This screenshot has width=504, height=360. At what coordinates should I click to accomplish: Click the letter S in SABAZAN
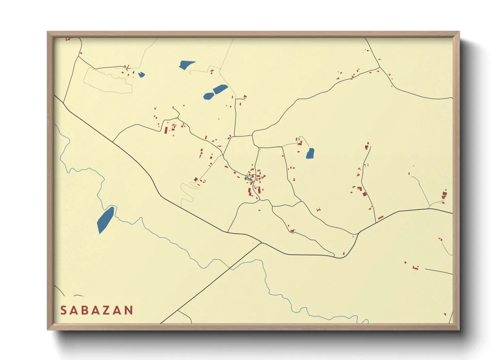pyautogui.click(x=63, y=310)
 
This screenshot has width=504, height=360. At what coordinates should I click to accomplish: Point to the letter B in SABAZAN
pyautogui.click(x=85, y=310)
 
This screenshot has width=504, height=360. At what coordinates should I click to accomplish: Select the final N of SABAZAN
pyautogui.click(x=128, y=310)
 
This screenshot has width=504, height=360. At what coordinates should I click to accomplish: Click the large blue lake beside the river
pyautogui.click(x=106, y=219)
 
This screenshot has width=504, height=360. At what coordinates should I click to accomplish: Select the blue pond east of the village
pyautogui.click(x=310, y=153)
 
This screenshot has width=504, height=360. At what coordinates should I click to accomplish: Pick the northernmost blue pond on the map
pyautogui.click(x=186, y=64)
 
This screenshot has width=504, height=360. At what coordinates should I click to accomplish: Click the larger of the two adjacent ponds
pyautogui.click(x=220, y=89)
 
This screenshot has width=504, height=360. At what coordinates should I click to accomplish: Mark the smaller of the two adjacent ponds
pyautogui.click(x=208, y=96)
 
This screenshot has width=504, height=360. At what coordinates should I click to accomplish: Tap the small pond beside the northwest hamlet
pyautogui.click(x=141, y=75)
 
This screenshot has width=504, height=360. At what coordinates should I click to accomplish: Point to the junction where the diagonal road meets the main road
pyautogui.click(x=262, y=243)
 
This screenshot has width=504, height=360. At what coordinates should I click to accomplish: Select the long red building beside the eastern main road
pyautogui.click(x=380, y=217)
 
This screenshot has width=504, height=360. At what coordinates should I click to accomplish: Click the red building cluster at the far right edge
pyautogui.click(x=444, y=195)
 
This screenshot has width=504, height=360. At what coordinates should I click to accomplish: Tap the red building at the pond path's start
pyautogui.click(x=300, y=143)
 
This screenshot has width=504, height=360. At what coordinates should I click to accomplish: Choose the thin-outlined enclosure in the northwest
pyautogui.click(x=107, y=80)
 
